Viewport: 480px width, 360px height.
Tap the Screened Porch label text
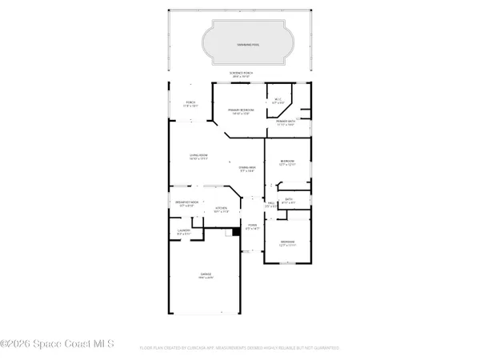[x=240, y=74]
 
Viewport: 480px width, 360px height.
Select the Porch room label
[x=190, y=104]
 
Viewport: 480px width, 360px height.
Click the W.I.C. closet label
[x=278, y=102]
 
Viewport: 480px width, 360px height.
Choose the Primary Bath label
[x=286, y=123]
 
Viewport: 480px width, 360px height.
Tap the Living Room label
[x=198, y=157]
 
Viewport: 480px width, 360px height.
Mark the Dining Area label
[x=246, y=168]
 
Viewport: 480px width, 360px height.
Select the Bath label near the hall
[x=289, y=201]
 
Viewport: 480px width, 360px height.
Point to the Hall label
[x=271, y=205]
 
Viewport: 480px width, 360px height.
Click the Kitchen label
[x=222, y=210]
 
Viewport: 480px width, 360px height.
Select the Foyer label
[x=253, y=227]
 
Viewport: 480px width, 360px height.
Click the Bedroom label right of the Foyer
[x=288, y=243]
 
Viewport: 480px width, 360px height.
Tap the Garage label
[x=206, y=276]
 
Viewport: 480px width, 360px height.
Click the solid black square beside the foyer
[x=236, y=233]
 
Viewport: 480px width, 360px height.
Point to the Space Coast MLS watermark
[x=58, y=344]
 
